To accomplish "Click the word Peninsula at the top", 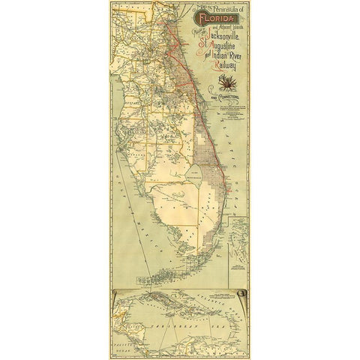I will click(x=214, y=6).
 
